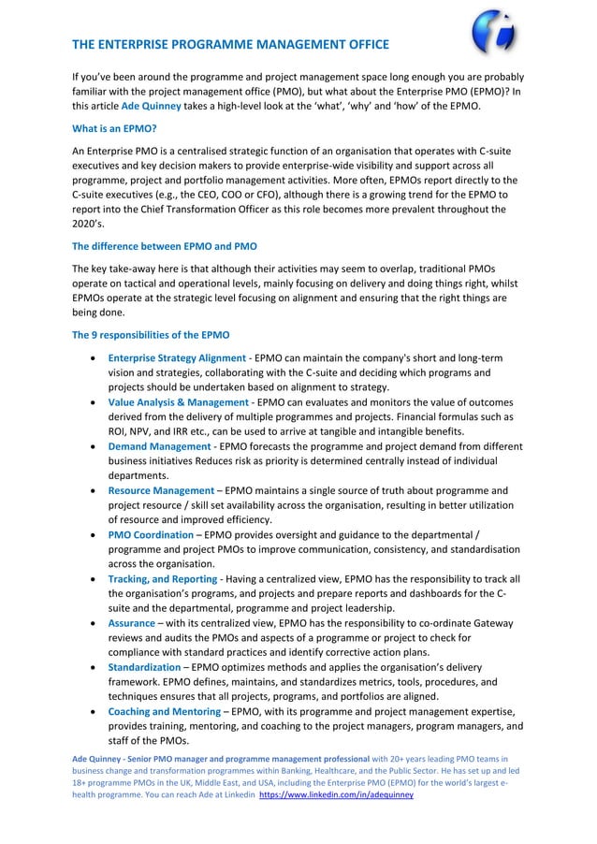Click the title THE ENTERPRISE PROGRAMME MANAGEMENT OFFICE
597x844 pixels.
[x=230, y=45]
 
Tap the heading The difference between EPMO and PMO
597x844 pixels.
[x=165, y=247]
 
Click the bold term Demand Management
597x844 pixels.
[x=159, y=446]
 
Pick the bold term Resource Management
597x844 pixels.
[x=161, y=490]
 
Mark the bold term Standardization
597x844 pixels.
[x=144, y=666]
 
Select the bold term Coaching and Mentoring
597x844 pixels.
[x=164, y=711]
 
